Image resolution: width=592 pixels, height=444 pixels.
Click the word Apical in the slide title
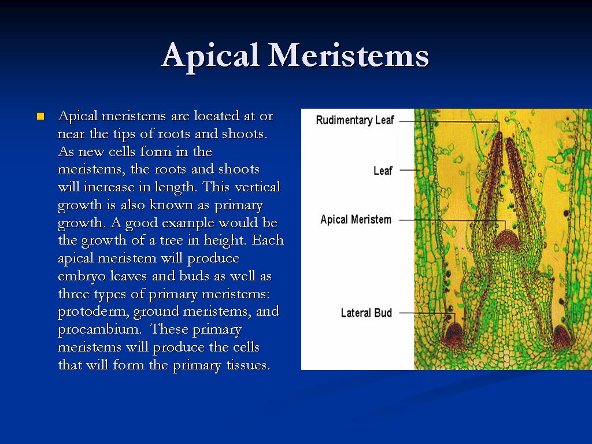210,56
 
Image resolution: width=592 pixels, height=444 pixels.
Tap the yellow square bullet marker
40,116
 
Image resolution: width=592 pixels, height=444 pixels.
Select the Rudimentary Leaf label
354,120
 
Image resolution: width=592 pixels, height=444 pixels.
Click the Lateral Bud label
366,313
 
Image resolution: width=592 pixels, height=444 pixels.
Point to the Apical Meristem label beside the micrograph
356,220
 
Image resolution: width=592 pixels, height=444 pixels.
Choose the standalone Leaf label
383,171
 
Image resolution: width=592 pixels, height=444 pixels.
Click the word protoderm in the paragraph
94,312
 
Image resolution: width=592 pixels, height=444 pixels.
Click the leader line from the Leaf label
409,171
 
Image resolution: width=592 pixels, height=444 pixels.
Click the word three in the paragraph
74,294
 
